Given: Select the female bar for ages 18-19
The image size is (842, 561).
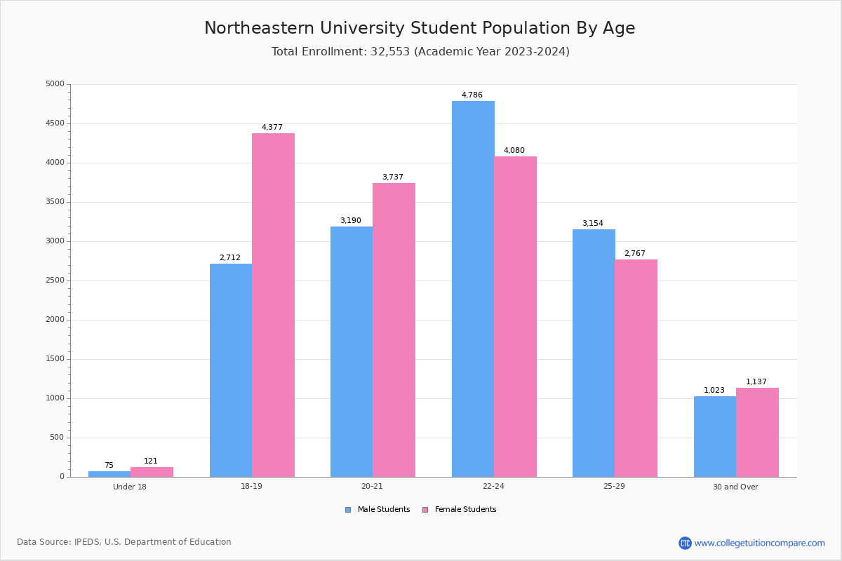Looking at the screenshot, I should tap(273, 305).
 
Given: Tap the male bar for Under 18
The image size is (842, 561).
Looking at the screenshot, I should tap(109, 474).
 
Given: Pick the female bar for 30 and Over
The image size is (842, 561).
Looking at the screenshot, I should tap(757, 432).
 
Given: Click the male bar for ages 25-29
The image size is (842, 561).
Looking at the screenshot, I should tap(594, 353).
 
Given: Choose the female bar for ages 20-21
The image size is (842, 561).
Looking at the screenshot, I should tap(394, 330).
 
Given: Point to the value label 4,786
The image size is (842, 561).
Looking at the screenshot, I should tap(472, 95).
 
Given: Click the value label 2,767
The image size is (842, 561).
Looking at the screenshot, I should tap(634, 254).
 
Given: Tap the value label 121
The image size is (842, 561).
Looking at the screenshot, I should tap(151, 461).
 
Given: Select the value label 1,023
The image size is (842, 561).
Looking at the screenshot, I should tap(714, 391).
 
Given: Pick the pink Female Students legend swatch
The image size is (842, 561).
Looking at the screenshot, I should tap(425, 510).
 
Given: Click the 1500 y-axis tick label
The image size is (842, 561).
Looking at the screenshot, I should tap(55, 359).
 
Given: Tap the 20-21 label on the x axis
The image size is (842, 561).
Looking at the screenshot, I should tap(373, 487).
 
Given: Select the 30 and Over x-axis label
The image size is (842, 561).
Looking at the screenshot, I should tap(735, 487).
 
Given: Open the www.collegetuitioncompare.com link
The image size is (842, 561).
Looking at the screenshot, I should tap(759, 543).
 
